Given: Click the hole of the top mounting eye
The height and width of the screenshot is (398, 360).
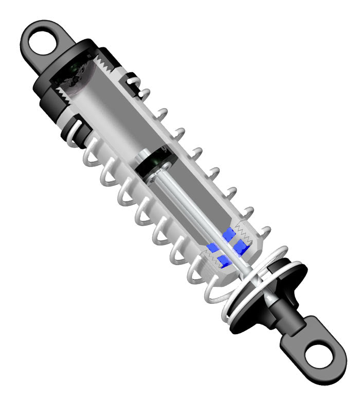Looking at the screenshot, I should (41, 43).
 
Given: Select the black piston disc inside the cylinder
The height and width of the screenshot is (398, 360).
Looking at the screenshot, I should (155, 164).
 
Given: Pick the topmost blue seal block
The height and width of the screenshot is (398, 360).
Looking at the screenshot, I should (228, 235).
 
